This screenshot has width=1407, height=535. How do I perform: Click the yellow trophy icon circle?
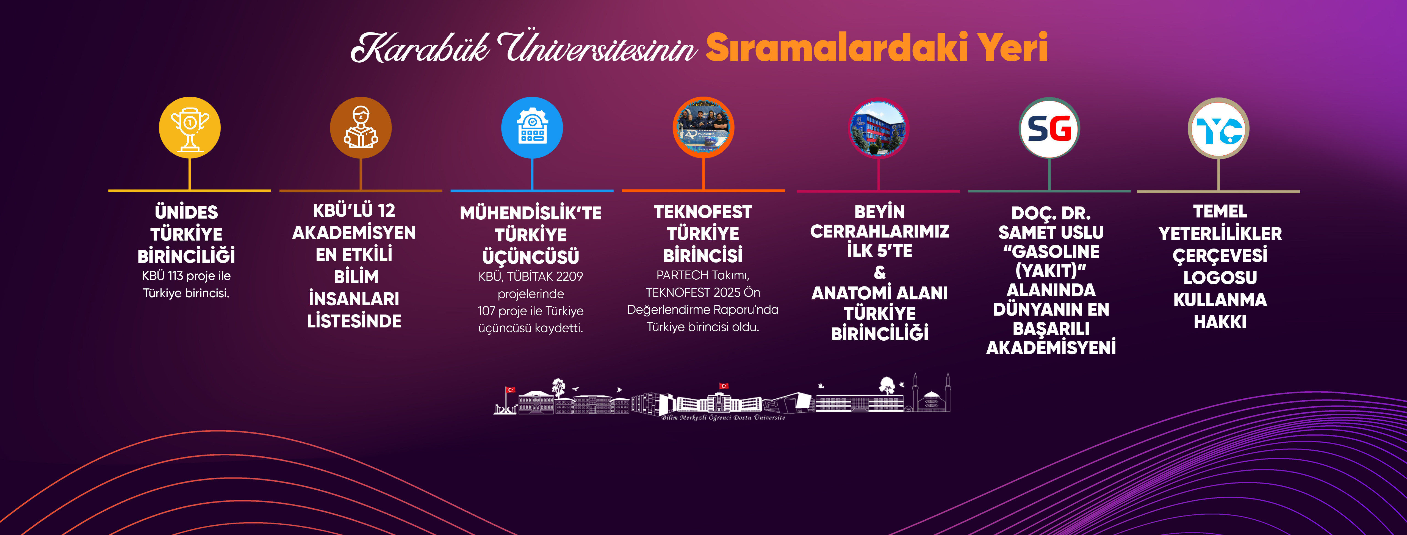pos(190,128)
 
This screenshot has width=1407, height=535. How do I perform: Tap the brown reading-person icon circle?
pos(361,128)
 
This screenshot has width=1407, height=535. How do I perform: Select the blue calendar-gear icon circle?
pos(532,128)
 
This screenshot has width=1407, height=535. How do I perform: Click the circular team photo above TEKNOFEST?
pos(703,128)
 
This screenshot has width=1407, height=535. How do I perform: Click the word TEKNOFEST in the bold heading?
pos(703,212)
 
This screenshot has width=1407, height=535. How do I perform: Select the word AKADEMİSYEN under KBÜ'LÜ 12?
pos(354,233)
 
